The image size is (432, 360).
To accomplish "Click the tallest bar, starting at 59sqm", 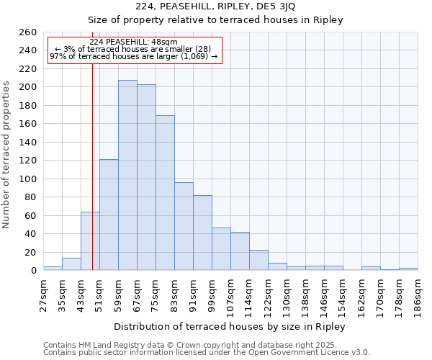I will pyautogui.click(x=127, y=175).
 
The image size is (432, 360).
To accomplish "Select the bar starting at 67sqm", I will pyautogui.click(x=146, y=177).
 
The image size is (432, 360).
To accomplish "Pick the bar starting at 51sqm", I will pyautogui.click(x=109, y=215).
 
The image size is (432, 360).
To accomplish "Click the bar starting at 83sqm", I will pyautogui.click(x=184, y=226).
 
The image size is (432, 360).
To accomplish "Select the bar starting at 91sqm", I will pyautogui.click(x=202, y=233).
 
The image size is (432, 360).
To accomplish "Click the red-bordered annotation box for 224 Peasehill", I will pyautogui.click(x=134, y=50).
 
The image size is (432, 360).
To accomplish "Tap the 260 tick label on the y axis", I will pyautogui.click(x=27, y=32).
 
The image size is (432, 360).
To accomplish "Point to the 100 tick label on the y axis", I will pyautogui.click(x=27, y=179).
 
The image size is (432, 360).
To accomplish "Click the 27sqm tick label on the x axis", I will pyautogui.click(x=43, y=294).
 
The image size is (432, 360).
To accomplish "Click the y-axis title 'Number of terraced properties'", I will pyautogui.click(x=7, y=154).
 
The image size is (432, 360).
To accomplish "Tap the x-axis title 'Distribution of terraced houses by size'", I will pyautogui.click(x=230, y=327).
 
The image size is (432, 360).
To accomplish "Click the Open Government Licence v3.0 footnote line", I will pyautogui.click(x=206, y=352).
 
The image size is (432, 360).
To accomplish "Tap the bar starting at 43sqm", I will pyautogui.click(x=90, y=241).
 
